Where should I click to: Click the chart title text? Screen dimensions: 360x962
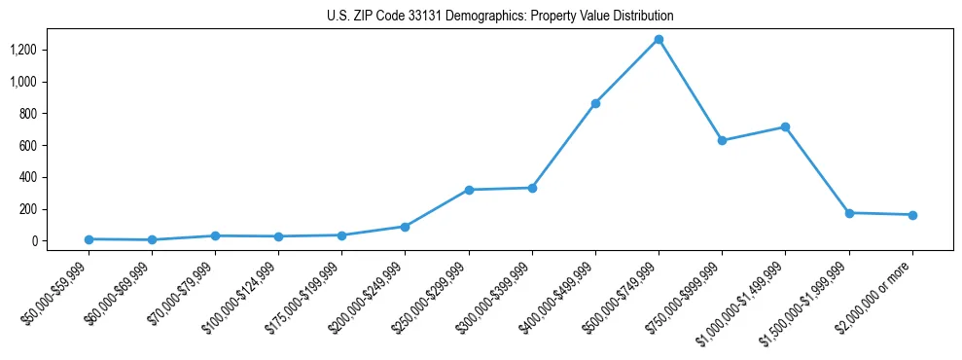point(499,17)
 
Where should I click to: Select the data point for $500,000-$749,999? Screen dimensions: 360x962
point(659,40)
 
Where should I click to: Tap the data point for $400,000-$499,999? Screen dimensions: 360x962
point(595,103)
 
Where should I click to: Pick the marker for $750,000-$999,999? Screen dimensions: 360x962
point(722,140)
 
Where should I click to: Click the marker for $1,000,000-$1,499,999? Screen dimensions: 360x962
point(785,127)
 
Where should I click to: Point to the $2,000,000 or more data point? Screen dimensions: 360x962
point(912,215)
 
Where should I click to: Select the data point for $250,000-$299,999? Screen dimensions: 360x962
point(469,190)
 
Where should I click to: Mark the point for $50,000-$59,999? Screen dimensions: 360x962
point(89,239)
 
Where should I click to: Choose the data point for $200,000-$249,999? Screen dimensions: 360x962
point(405,227)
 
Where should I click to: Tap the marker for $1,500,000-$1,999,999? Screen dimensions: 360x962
point(849,213)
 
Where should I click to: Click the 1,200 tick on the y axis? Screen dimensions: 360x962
point(22,50)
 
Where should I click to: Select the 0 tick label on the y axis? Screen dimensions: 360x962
point(33,241)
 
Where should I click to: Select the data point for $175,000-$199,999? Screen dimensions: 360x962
point(341,235)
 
